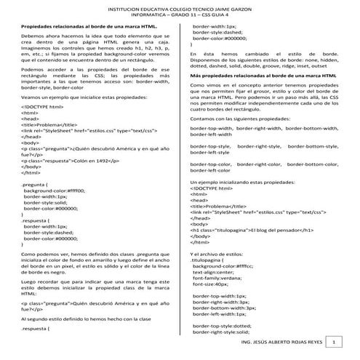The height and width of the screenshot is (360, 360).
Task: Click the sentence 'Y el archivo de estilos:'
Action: coord(219,252)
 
